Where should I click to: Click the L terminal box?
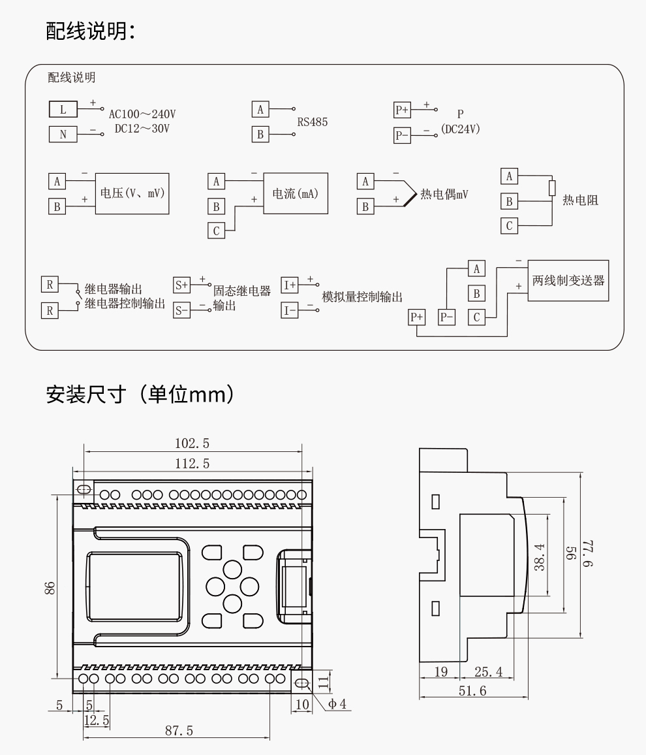(x=63, y=109)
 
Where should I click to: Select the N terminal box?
(x=63, y=135)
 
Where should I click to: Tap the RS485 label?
(x=313, y=121)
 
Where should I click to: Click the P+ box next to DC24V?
(x=402, y=110)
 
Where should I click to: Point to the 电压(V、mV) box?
(x=132, y=193)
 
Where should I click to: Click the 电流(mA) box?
(x=296, y=193)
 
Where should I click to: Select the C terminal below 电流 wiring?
(x=216, y=231)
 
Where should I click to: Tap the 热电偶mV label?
(x=444, y=194)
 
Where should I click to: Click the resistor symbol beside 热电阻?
(x=552, y=188)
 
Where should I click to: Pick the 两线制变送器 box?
(x=568, y=281)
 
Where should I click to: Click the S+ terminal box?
(x=181, y=285)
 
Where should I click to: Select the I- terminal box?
(x=289, y=310)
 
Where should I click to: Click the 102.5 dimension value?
(x=192, y=443)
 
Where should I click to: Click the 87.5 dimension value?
(x=178, y=731)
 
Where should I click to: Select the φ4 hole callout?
(x=337, y=704)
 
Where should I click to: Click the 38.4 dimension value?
(x=539, y=555)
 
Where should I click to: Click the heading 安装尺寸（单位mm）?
(x=140, y=394)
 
